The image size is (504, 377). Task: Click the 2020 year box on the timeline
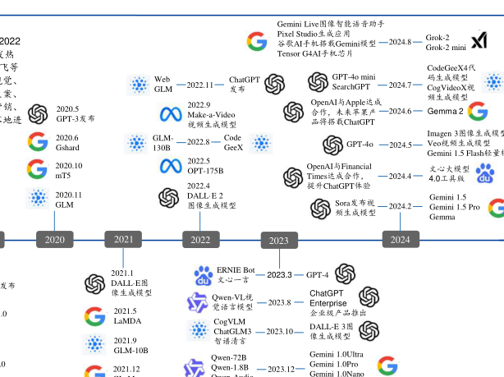[55, 239]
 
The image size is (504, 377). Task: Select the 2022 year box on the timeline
[199, 239]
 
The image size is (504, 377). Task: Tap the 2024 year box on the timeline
[401, 239]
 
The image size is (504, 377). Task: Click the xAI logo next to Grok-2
[479, 40]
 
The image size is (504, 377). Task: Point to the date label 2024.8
[400, 41]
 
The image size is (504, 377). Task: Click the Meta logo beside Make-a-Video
[170, 115]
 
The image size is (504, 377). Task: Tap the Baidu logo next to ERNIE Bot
[203, 275]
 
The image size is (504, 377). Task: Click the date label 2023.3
[279, 274]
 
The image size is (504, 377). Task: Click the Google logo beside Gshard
[37, 142]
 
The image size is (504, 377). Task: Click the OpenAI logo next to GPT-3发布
[37, 113]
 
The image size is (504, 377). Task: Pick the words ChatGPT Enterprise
[328, 298]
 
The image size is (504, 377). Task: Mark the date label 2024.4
[400, 176]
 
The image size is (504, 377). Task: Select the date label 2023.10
[279, 332]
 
